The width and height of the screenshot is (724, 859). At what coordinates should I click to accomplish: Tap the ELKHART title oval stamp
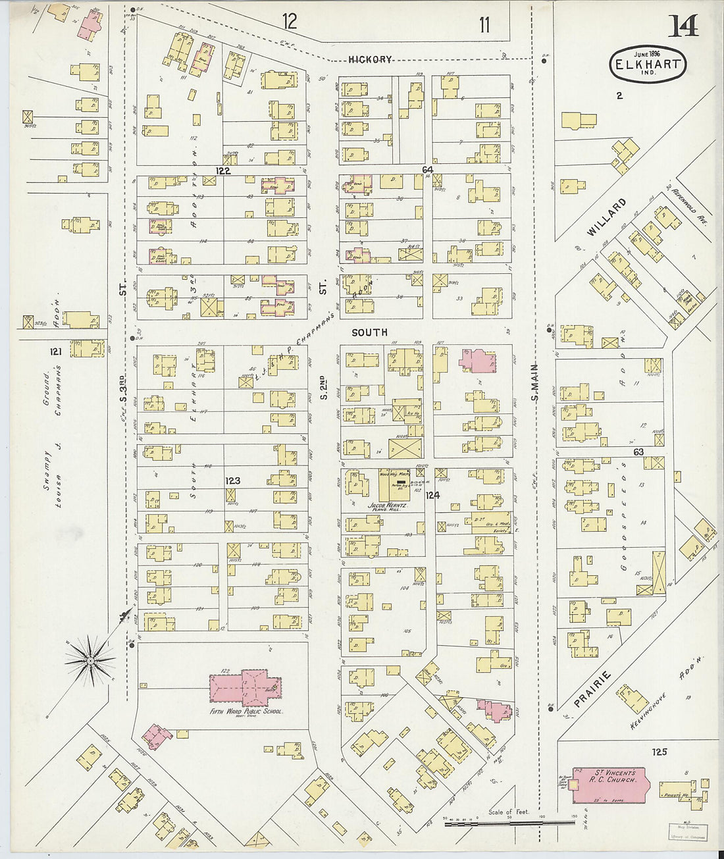648,63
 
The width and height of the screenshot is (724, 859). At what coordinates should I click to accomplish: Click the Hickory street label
370,59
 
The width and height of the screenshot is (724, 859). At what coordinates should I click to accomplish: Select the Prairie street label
592,689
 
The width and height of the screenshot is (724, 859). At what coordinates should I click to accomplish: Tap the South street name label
369,332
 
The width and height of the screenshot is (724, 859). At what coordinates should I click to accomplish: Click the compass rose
91,656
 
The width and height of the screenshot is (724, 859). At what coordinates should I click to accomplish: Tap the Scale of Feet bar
510,822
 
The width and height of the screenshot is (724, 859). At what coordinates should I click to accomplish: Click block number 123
232,481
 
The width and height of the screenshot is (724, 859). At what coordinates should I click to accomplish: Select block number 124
432,494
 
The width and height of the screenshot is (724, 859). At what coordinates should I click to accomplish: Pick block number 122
223,170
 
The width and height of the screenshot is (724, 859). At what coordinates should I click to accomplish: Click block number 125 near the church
659,752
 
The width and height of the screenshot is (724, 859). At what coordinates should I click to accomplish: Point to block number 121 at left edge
55,352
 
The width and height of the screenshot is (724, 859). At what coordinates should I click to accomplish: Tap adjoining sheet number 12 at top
290,21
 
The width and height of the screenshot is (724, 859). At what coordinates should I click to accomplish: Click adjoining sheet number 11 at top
484,25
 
